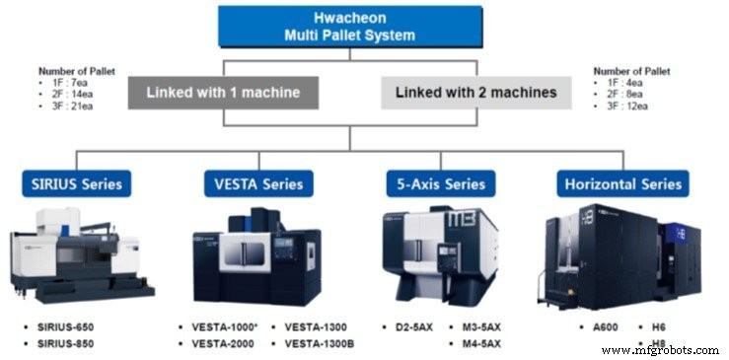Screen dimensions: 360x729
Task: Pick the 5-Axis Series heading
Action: [x=440, y=182]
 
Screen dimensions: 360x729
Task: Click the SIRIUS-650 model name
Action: [x=66, y=324]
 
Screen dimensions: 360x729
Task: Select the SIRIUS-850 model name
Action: [x=66, y=342]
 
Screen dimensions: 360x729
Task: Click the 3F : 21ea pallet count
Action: [x=75, y=104]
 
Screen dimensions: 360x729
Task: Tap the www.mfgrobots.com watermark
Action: [x=660, y=349]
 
